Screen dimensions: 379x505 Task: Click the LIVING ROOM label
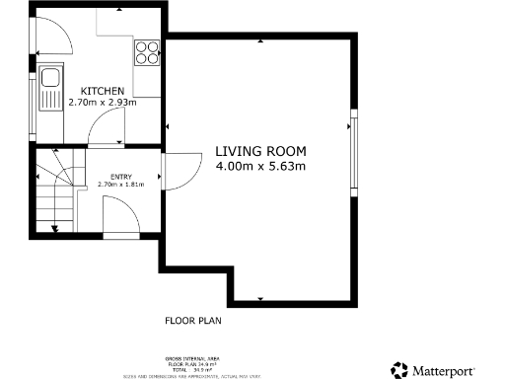tap(260, 152)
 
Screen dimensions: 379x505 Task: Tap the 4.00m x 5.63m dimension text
tap(260, 167)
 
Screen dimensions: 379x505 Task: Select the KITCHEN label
tap(103, 90)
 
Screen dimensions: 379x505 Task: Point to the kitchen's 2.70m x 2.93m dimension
tap(103, 102)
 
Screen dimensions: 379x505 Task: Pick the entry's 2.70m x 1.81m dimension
tap(121, 185)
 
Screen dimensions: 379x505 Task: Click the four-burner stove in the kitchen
tap(147, 51)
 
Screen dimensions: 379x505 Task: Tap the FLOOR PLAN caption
tap(192, 321)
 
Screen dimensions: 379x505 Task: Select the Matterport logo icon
tap(399, 369)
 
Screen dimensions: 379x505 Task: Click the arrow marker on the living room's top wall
tap(260, 41)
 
